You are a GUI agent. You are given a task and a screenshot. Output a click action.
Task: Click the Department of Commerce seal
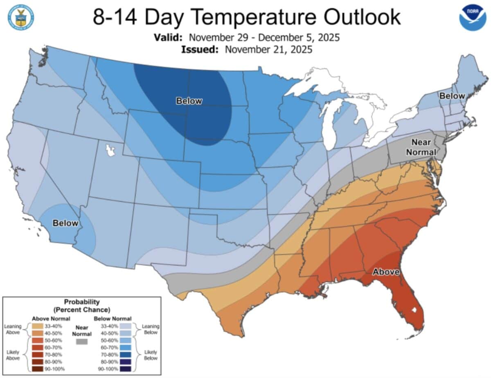tap(20, 17)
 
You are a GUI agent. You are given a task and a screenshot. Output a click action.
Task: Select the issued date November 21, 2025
tap(268, 49)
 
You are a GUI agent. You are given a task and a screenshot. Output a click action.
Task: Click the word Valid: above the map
tap(168, 38)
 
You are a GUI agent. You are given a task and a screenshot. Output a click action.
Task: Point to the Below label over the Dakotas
tap(189, 101)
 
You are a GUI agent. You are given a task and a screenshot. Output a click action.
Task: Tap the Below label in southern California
tap(65, 223)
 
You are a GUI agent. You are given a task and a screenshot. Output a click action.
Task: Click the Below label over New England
tap(452, 96)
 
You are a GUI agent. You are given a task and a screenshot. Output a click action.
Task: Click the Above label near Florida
tap(385, 272)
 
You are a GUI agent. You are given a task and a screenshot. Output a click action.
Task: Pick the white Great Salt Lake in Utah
tap(110, 150)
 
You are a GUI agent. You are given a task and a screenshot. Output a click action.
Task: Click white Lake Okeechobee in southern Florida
tap(417, 310)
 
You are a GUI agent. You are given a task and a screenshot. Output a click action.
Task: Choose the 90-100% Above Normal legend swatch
tap(38, 369)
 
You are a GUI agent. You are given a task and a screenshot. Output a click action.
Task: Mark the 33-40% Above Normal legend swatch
tap(38, 326)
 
